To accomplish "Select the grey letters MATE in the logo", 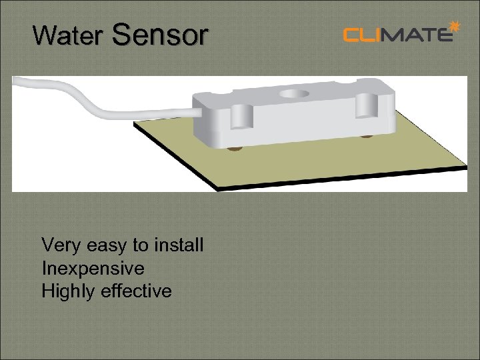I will pos(418,34).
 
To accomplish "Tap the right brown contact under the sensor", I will pos(366,137).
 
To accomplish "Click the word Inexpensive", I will pos(93,269).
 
